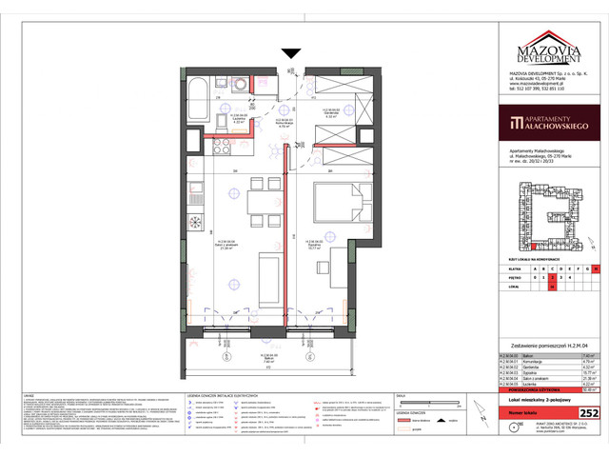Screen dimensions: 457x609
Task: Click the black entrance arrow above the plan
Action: pyautogui.click(x=291, y=53)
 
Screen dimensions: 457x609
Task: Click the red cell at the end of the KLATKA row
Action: pyautogui.click(x=595, y=268)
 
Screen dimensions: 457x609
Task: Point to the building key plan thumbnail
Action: pyautogui.click(x=548, y=218)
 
